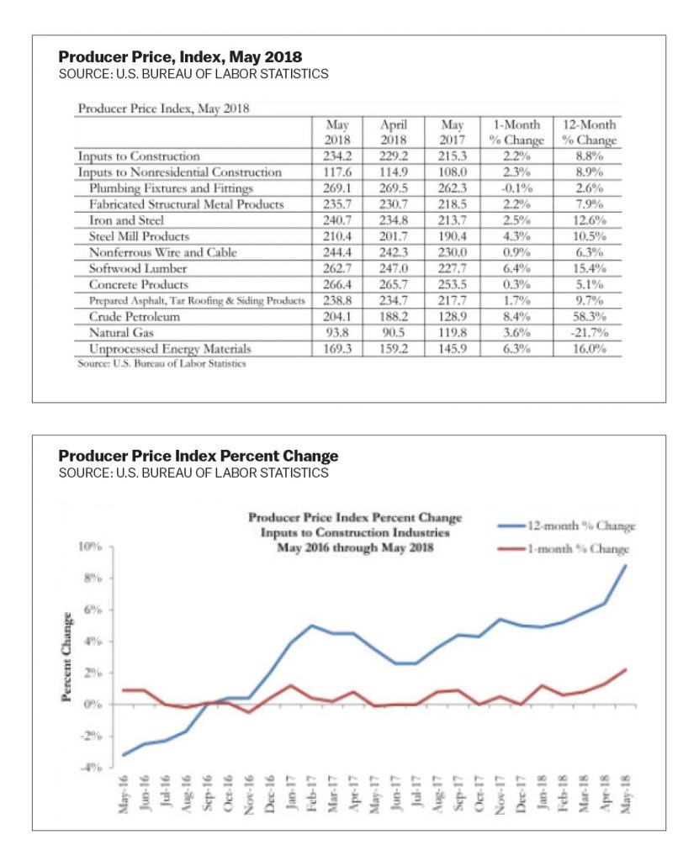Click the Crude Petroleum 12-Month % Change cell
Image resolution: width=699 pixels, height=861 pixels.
[589, 317]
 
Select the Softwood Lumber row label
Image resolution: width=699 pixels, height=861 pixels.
[138, 268]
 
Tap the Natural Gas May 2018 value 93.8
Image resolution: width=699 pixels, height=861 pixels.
[337, 333]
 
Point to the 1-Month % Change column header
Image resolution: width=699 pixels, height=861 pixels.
[516, 132]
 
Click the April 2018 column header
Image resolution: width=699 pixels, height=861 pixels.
[394, 132]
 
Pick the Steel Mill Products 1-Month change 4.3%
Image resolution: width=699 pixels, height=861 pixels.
[516, 236]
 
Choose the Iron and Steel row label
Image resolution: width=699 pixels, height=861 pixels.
[126, 220]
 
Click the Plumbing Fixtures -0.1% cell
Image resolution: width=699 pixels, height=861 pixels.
[517, 188]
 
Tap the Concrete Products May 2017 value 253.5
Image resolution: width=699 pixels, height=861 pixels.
[453, 284]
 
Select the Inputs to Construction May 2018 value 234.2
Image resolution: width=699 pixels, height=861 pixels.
[337, 156]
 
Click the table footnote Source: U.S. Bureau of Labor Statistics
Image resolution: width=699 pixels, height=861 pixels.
[162, 363]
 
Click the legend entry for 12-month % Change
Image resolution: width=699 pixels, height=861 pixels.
[567, 526]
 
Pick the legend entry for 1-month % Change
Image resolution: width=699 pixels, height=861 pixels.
[564, 548]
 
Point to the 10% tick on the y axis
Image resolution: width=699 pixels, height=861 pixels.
[90, 547]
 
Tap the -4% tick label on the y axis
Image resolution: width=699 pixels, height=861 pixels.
[90, 767]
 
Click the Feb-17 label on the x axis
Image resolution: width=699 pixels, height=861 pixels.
[311, 793]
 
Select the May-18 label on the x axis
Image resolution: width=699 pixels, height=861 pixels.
[625, 793]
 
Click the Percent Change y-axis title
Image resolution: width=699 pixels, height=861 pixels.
[66, 657]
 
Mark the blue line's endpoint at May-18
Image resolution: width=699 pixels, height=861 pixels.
[625, 566]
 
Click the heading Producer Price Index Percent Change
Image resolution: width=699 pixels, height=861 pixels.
[199, 456]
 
